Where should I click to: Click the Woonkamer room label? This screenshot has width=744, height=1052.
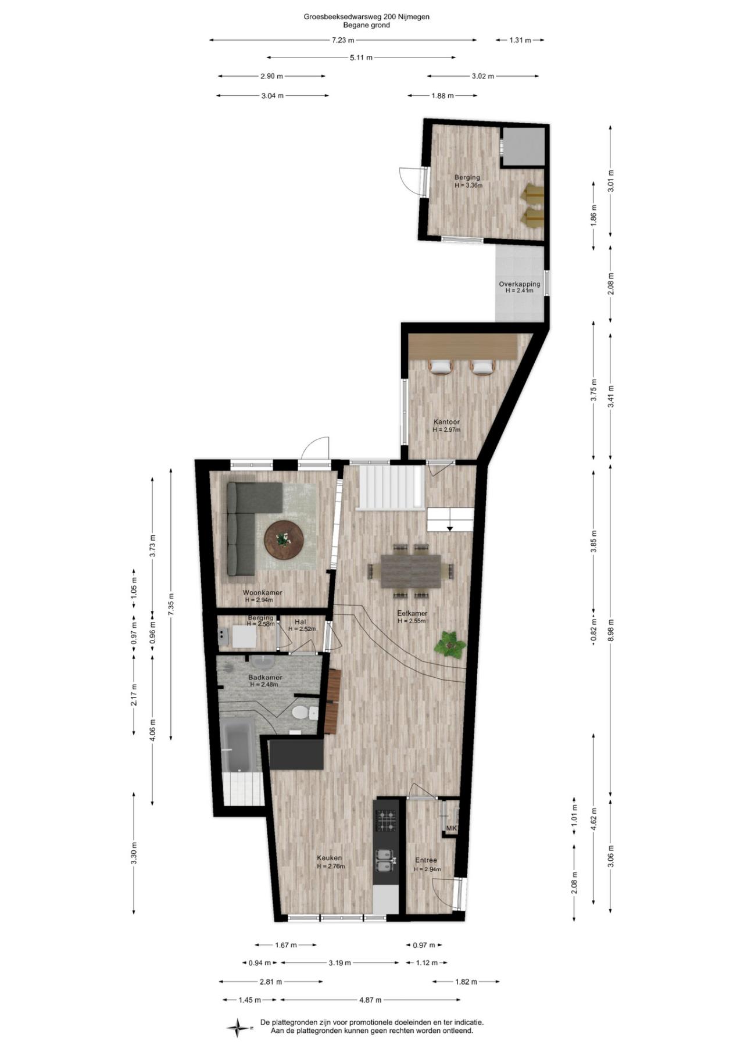263,592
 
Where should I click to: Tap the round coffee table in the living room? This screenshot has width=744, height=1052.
284,539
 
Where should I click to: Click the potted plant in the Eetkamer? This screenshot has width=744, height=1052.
450,643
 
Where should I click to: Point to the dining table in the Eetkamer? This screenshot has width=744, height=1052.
411,571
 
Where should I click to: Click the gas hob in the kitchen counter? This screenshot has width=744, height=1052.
387,821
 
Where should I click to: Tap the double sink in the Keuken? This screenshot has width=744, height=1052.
387,861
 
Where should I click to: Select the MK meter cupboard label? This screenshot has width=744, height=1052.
451,828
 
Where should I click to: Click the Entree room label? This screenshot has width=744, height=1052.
426,860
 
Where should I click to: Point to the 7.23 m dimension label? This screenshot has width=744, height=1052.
343,40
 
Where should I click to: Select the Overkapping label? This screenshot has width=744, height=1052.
520,284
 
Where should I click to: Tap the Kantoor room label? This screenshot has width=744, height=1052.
446,422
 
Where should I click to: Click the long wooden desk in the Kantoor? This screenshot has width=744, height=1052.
463,347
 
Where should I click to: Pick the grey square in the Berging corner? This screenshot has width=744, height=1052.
524,146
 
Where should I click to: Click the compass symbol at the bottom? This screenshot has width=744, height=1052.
237,1028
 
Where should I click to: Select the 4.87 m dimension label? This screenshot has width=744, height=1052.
370,1000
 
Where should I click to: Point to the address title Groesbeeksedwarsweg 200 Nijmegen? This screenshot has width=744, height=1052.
367,17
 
